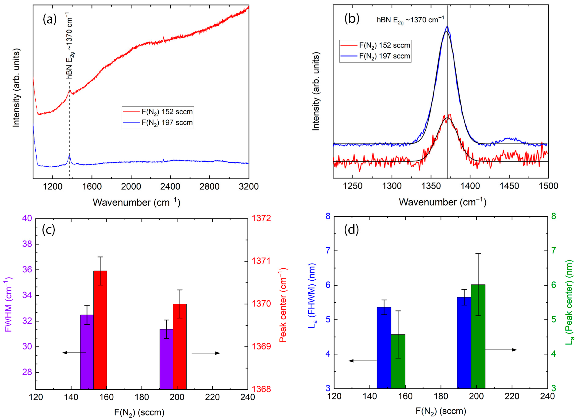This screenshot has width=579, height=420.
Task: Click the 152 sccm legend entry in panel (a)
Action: (158, 112)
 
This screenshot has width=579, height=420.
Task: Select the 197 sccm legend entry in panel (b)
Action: (375, 56)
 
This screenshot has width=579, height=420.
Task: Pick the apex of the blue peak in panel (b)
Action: (447, 26)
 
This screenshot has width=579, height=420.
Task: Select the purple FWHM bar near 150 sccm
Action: (87, 352)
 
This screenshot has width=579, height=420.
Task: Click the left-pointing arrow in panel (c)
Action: (74, 353)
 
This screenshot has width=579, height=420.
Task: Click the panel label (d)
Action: (351, 230)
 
